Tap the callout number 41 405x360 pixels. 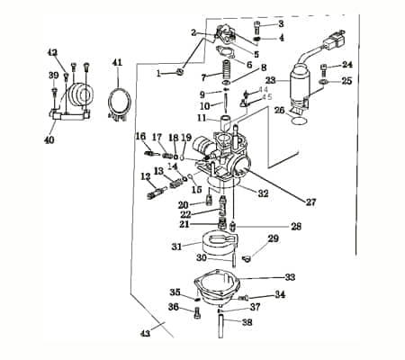pos(116,62)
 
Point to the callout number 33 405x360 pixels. pos(290,277)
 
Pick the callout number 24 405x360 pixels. pos(347,65)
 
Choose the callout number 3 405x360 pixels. pos(280,22)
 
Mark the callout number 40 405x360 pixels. pos(49,140)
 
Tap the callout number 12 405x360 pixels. pos(144,177)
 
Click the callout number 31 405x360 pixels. pos(176,246)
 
